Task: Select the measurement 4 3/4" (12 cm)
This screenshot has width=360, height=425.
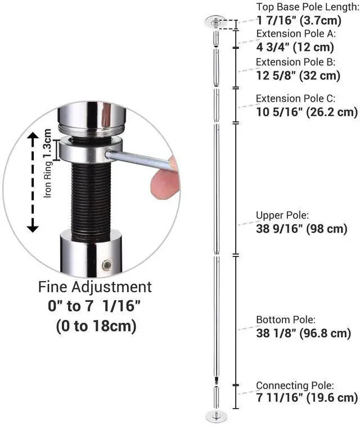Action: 295,47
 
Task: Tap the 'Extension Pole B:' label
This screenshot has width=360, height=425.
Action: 295,62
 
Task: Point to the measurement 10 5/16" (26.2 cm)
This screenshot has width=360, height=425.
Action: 307,112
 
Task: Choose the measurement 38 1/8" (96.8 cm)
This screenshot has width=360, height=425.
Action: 304,333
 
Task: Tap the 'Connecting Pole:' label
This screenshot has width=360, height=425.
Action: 295,385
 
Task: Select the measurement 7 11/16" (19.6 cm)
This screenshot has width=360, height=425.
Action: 307,398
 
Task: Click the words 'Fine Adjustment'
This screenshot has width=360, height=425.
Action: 95,287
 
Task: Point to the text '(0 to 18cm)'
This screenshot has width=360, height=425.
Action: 95,326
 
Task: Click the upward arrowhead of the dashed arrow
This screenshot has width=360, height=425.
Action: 33,137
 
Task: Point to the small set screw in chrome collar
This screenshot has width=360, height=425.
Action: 106,264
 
